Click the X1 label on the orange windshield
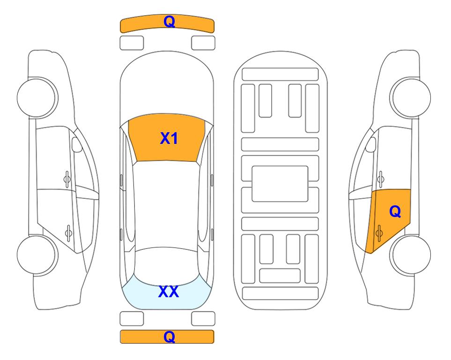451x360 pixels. tap(169, 138)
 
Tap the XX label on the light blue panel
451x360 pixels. tap(169, 292)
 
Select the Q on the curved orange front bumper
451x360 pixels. tap(169, 22)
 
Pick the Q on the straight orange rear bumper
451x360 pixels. tap(169, 337)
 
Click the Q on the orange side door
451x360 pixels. tap(395, 212)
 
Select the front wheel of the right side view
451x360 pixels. tap(411, 98)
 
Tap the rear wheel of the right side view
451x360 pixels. tap(411, 255)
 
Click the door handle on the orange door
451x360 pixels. tap(379, 233)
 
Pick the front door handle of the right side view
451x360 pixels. tap(380, 179)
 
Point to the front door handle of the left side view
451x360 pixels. tap(67, 179)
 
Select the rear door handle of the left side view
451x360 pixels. tap(68, 233)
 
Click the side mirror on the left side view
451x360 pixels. tap(76, 144)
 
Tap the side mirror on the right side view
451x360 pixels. tap(371, 144)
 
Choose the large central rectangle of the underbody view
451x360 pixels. tap(280, 184)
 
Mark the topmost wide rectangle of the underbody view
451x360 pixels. tap(280, 75)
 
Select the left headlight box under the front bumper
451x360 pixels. tap(132, 43)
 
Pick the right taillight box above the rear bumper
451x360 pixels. tap(203, 319)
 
